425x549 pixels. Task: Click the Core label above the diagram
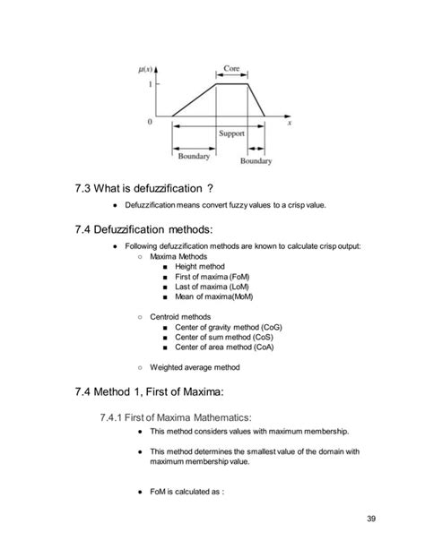(230, 68)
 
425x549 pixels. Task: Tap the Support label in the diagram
(231, 133)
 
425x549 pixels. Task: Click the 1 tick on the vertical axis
(151, 85)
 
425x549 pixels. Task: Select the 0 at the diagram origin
(151, 119)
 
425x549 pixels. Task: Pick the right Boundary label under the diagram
(256, 162)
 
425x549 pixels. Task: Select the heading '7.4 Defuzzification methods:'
(144, 229)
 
